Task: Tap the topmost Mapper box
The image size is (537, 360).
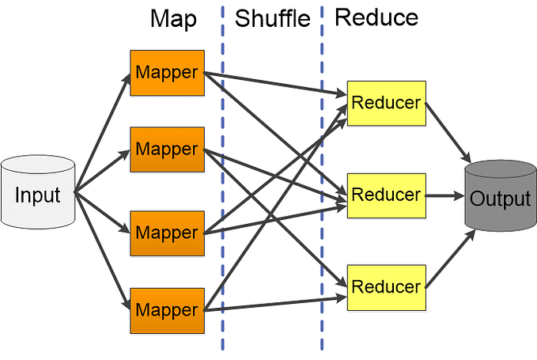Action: point(166,71)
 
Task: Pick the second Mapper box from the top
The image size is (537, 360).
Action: point(166,148)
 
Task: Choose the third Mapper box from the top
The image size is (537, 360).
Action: point(166,233)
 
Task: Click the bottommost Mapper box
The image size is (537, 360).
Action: point(166,309)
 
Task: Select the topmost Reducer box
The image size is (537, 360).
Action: point(386,102)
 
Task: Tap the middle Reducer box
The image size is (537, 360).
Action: point(386,194)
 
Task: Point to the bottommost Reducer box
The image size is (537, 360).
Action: point(386,285)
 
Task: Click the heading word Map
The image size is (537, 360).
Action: point(173,19)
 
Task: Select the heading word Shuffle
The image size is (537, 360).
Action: point(273,20)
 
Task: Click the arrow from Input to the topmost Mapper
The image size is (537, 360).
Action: point(103,131)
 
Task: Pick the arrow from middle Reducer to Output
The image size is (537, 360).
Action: point(447,195)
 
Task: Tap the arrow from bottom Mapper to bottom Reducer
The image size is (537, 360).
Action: point(277,303)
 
